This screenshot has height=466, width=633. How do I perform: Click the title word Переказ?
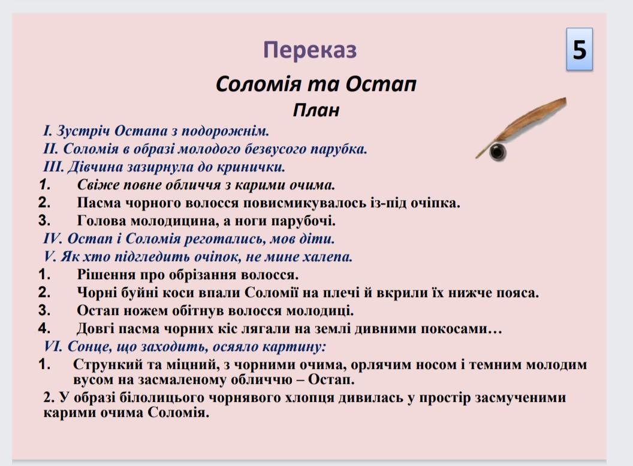(x=310, y=50)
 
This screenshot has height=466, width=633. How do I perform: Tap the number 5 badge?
(x=579, y=50)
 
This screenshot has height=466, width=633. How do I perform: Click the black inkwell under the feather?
(x=498, y=152)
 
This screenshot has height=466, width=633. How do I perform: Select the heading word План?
(x=316, y=110)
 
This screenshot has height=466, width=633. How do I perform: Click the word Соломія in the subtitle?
(x=259, y=84)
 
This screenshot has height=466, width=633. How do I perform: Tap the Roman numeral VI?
(x=53, y=346)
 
